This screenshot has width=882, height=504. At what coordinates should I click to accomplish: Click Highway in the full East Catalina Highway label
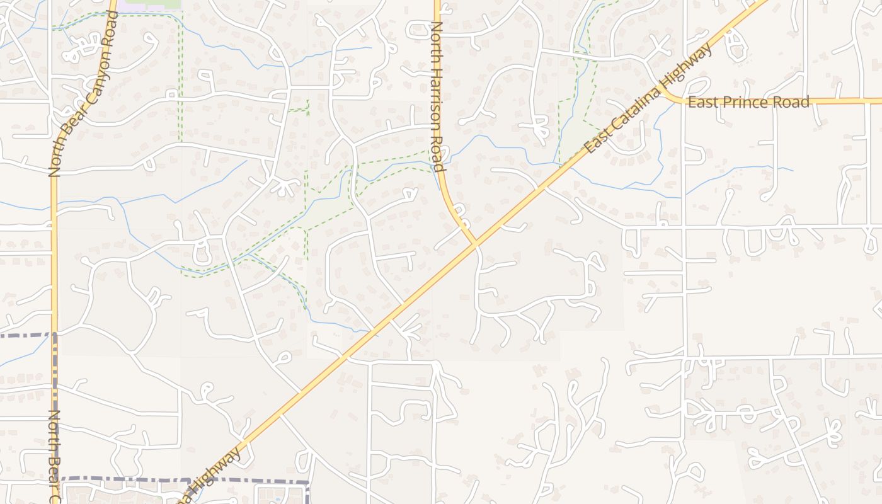pos(692,64)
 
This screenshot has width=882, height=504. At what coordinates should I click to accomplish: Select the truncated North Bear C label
pos(54,456)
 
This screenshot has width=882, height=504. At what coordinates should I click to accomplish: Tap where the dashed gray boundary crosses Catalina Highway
pos(200,480)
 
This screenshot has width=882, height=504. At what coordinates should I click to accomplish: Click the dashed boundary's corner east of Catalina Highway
pos(308,483)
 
